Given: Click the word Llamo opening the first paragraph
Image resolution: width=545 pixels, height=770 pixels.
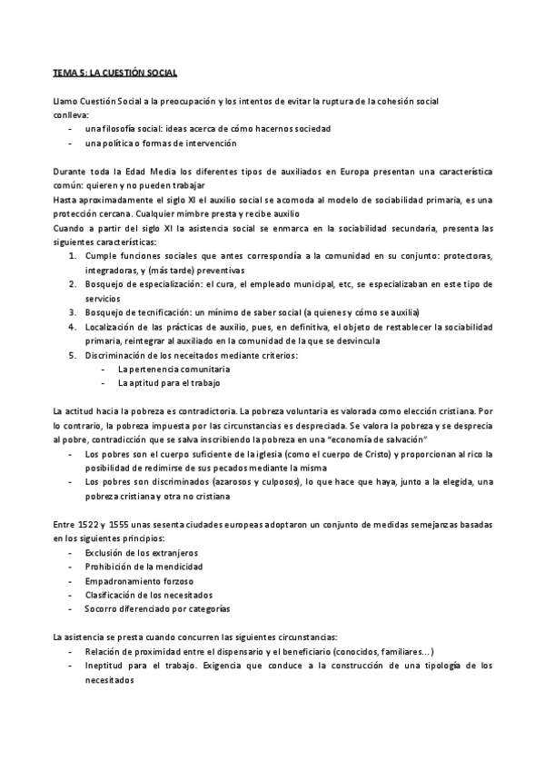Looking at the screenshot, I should click(64, 100).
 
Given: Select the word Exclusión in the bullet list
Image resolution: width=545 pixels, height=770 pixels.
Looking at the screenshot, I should click(104, 553).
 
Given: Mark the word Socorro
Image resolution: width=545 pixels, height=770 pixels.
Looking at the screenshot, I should click(104, 608).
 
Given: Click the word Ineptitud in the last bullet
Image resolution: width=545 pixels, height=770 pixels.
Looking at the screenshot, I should click(105, 666).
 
